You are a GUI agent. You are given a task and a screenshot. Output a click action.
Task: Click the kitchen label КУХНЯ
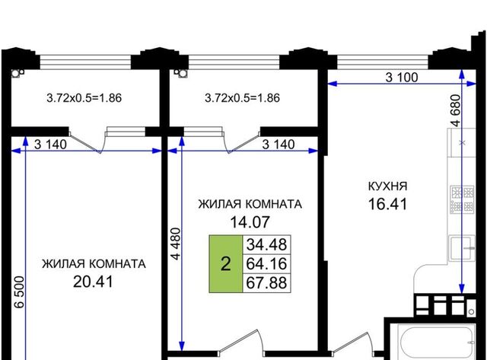[x=387, y=186]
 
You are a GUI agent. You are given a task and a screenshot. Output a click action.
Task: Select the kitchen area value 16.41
[x=387, y=205]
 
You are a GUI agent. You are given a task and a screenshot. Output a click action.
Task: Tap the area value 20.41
[x=93, y=282]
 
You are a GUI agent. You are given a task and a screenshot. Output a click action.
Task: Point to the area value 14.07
[x=250, y=222]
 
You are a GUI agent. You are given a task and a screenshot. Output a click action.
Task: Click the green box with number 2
[x=226, y=264]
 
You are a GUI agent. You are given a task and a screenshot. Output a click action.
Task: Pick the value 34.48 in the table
[x=266, y=245]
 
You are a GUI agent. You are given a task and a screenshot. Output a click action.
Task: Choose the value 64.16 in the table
[x=266, y=264]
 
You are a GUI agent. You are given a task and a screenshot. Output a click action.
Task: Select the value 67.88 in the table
[x=266, y=283]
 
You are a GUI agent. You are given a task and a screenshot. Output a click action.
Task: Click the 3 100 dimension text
[x=402, y=78]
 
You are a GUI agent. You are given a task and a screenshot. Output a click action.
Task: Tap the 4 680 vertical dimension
[x=457, y=110]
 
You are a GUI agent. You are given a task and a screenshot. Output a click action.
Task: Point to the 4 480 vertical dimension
[x=176, y=244]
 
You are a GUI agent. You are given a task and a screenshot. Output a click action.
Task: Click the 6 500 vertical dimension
[x=19, y=292]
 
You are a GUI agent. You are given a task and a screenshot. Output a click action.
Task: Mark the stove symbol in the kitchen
[x=463, y=199]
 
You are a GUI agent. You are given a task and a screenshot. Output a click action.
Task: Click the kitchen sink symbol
[x=462, y=248]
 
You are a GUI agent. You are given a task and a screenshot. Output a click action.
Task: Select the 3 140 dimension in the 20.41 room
[x=50, y=145]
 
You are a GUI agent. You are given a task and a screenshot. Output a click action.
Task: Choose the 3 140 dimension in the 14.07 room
[x=279, y=145]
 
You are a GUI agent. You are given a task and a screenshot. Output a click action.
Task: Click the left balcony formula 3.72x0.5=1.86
[x=84, y=98]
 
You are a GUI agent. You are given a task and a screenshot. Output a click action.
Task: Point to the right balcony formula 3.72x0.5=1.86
[x=242, y=98]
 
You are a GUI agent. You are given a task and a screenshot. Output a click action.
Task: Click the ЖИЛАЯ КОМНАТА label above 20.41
[x=94, y=264]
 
